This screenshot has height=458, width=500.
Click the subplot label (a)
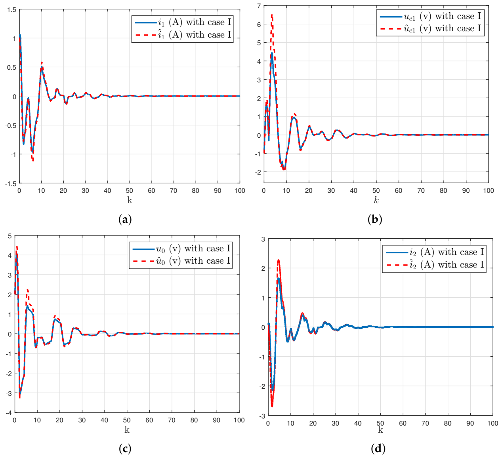[125, 219]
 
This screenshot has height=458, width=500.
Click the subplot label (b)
[374, 219]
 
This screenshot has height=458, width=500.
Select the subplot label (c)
[125, 448]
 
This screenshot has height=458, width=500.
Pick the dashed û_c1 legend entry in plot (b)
[430, 29]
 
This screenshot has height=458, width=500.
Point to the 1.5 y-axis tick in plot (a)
[12, 10]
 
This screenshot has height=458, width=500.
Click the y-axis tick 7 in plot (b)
[259, 6]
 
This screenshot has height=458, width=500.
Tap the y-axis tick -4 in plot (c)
[9, 412]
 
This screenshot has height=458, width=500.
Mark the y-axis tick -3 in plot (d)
[262, 416]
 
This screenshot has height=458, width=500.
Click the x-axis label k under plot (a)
[130, 200]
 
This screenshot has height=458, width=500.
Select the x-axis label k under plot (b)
[376, 200]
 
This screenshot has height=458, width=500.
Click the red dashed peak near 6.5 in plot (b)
[272, 15]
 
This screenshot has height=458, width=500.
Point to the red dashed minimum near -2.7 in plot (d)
[272, 406]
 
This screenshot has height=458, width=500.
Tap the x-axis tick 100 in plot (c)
[239, 420]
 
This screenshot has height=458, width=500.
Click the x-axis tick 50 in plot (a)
[130, 191]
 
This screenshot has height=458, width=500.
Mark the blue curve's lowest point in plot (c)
[20, 393]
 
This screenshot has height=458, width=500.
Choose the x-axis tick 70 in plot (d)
[425, 424]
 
